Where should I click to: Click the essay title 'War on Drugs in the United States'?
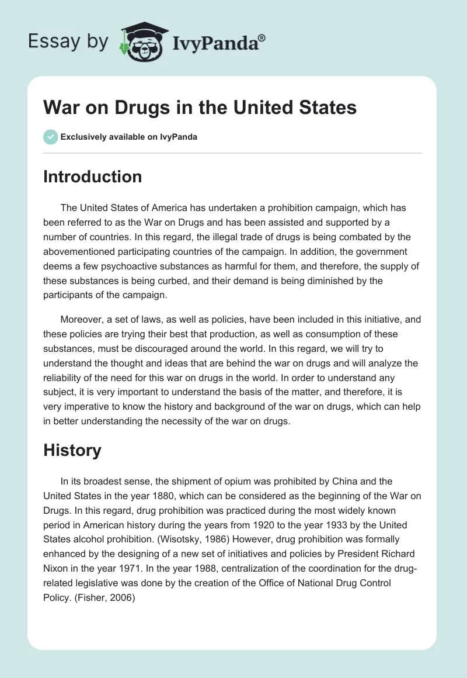pyautogui.click(x=200, y=108)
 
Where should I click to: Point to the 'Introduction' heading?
pyautogui.click(x=92, y=177)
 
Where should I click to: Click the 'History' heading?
pyautogui.click(x=72, y=450)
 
